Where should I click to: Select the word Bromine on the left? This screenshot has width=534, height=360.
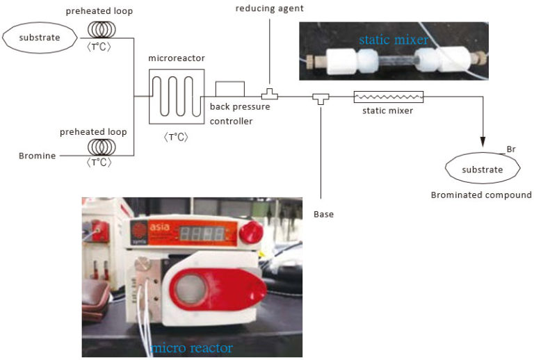(x=36, y=156)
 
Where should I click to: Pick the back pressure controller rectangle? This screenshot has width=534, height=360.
(x=229, y=89)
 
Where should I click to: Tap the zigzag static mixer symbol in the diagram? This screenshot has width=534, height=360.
(x=388, y=97)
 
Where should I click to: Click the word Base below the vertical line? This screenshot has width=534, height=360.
(x=323, y=214)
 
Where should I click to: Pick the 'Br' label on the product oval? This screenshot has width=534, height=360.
(x=510, y=149)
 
